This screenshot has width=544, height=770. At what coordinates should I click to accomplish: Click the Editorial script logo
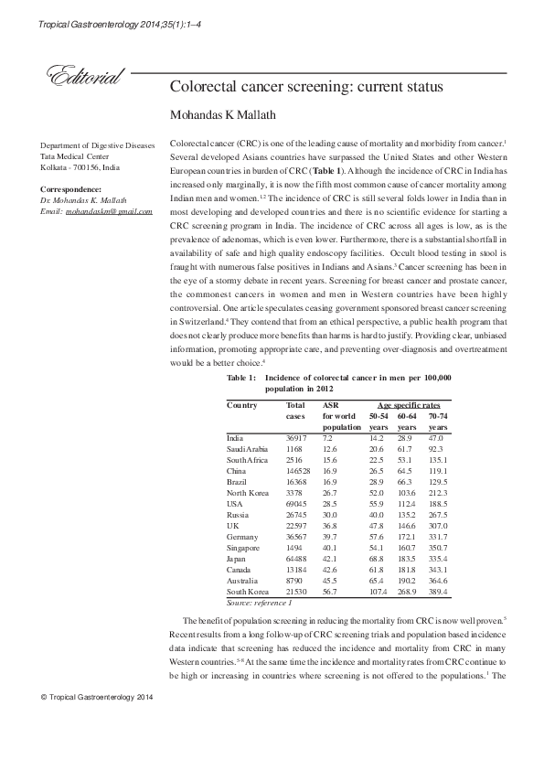pyautogui.click(x=77, y=79)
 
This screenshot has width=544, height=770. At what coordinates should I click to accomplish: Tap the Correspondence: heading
pyautogui.click(x=70, y=189)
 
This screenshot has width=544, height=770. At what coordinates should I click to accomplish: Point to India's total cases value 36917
pyautogui.click(x=298, y=440)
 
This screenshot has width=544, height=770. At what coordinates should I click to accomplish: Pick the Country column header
pyautogui.click(x=241, y=405)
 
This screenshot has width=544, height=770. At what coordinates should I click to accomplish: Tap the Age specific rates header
pyautogui.click(x=410, y=405)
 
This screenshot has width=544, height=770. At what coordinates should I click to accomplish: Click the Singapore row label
pyautogui.click(x=245, y=547)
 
